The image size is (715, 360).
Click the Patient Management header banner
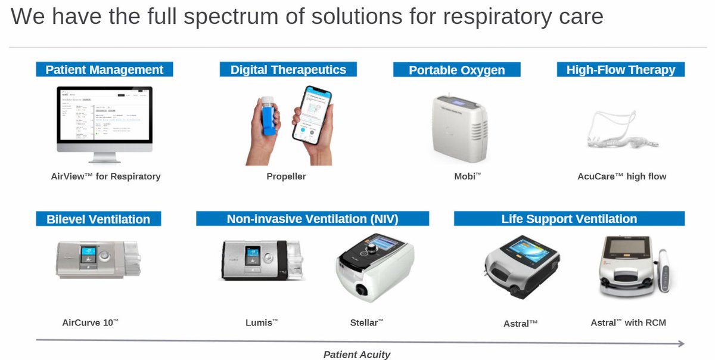tap(104, 70)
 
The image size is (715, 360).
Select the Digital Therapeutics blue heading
tap(288, 70)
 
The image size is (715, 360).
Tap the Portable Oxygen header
tap(456, 70)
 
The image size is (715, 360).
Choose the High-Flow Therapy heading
tap(620, 70)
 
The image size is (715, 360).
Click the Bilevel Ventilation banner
tap(98, 219)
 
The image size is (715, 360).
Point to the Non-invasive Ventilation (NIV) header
tap(312, 219)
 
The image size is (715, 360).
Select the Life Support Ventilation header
tap(569, 219)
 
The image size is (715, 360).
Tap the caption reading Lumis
tap(262, 323)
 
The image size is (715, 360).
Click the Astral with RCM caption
tap(628, 323)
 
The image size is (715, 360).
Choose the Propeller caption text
tap(286, 176)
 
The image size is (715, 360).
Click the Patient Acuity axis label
tap(356, 355)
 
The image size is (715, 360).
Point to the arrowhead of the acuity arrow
tap(680, 343)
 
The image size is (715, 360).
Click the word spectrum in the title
tap(224, 17)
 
